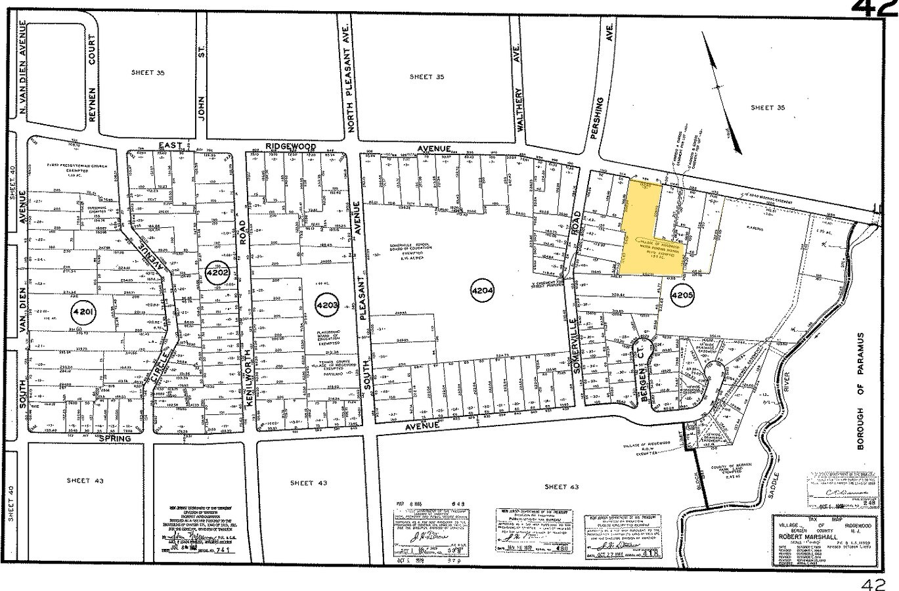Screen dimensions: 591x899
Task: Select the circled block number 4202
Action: click(x=217, y=273)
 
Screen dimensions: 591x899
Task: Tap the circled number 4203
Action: click(x=326, y=305)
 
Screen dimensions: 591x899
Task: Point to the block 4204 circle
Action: click(x=483, y=291)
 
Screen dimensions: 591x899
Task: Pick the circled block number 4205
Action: click(x=682, y=296)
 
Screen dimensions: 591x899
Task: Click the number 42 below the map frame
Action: click(x=875, y=582)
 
